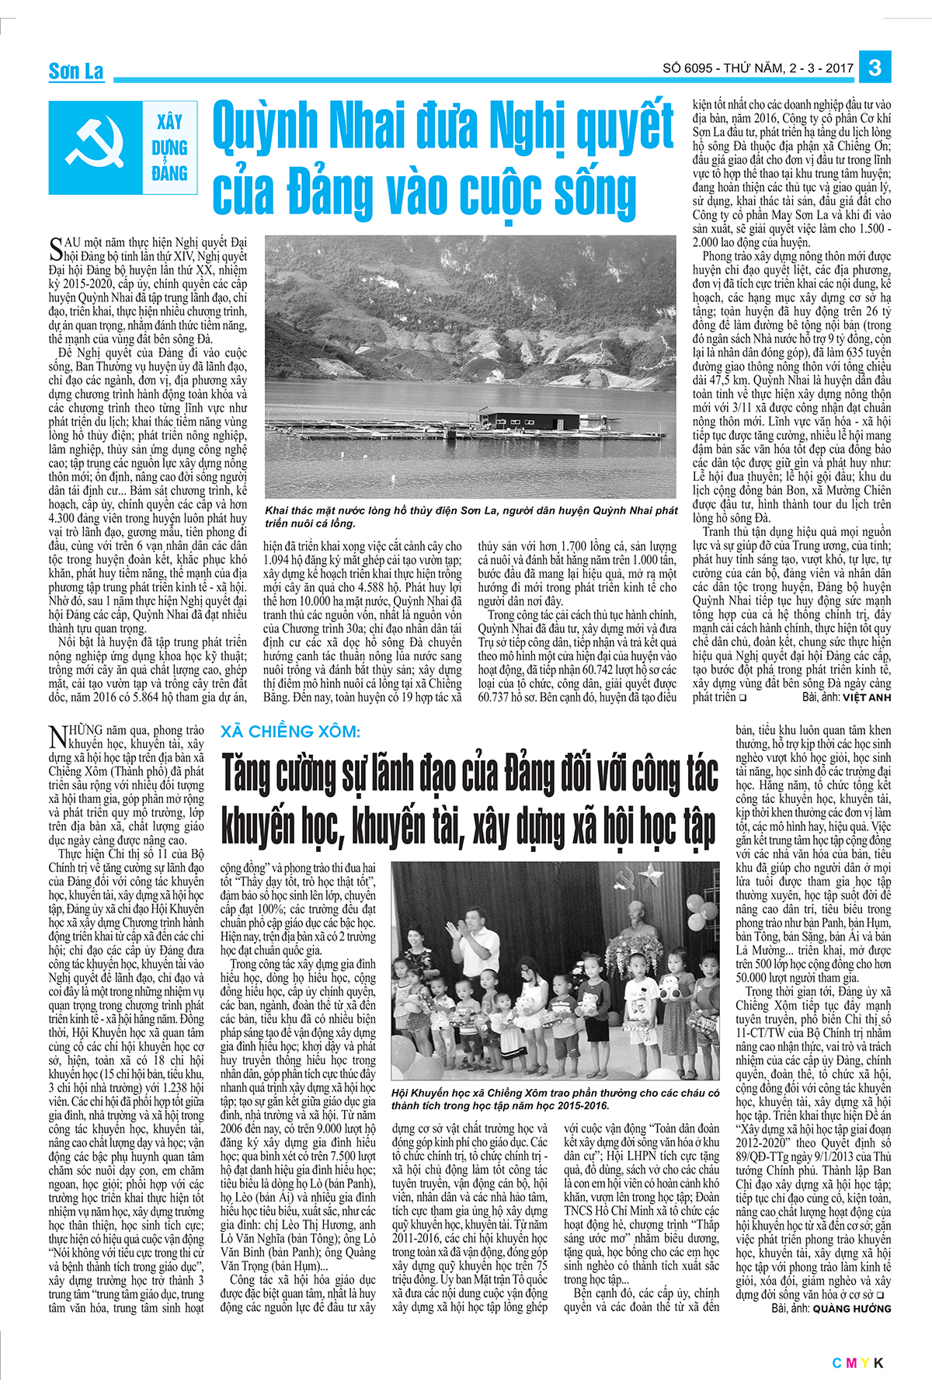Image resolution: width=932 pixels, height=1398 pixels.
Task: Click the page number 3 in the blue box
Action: point(875,68)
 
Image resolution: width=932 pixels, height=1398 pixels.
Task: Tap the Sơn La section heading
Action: point(76,71)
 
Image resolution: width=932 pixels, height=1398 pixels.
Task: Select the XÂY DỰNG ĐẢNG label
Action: point(170,148)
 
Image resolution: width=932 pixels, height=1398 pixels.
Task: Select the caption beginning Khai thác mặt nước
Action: point(471,516)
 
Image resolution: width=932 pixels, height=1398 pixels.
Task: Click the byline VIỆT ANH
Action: point(867,697)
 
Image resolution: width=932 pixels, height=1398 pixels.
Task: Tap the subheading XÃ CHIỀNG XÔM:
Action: point(290,732)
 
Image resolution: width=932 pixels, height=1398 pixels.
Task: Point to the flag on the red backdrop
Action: point(682,885)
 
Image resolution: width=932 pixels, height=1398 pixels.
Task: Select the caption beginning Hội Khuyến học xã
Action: point(555,1099)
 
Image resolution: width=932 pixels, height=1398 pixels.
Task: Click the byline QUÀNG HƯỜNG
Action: point(852,1309)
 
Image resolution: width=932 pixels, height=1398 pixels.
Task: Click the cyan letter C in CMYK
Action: point(837,1363)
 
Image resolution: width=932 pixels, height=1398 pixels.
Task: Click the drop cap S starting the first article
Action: point(55,249)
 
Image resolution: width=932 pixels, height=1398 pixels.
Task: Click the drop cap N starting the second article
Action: point(58,736)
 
